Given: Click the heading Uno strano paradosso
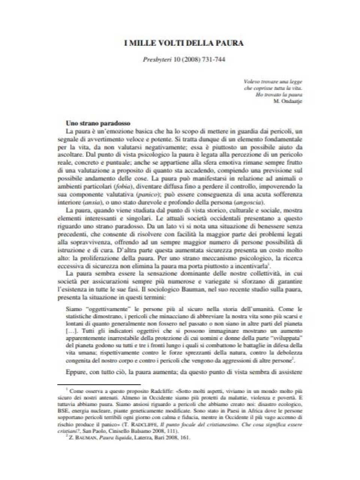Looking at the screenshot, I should tap(98, 123).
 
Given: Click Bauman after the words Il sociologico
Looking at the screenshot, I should tap(185, 289).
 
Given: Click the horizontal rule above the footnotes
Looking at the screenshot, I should tap(99, 384).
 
